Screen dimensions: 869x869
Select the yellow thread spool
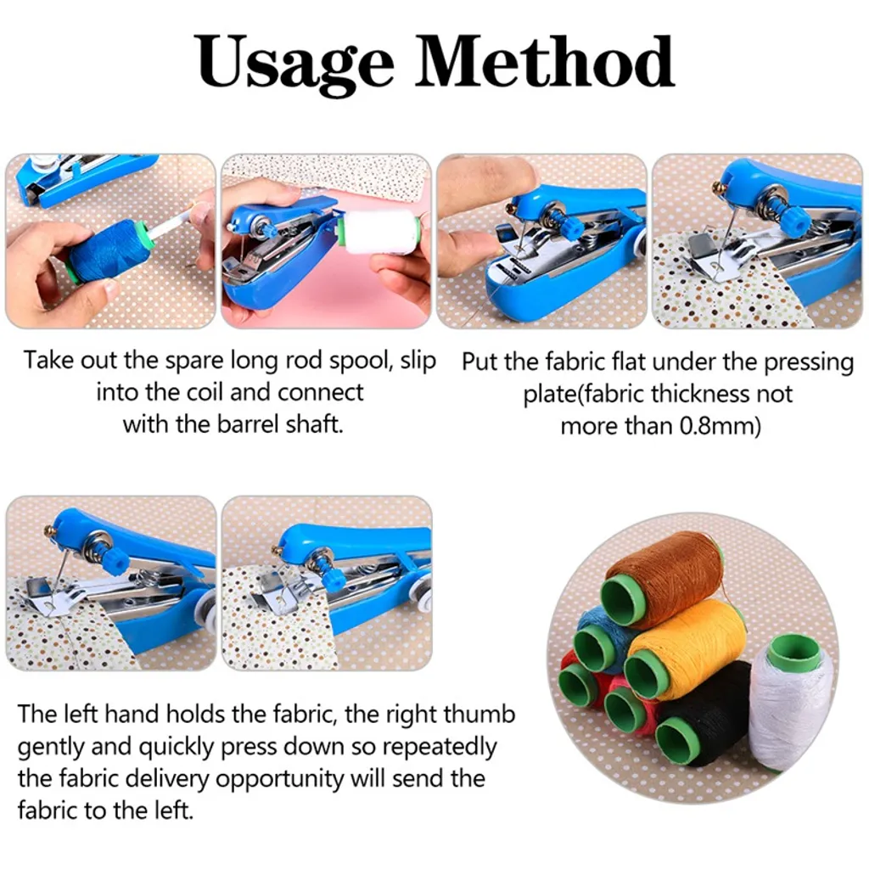coord(687,648)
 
